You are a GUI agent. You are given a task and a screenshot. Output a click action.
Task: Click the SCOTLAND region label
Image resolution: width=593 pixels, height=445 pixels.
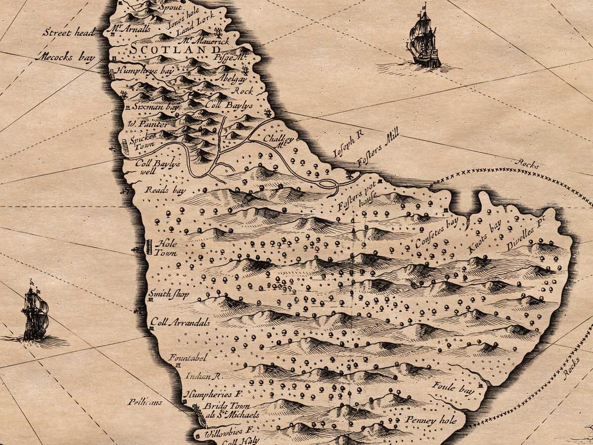176,50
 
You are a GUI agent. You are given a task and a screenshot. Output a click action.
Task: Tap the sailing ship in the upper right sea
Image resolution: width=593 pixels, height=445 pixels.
423,40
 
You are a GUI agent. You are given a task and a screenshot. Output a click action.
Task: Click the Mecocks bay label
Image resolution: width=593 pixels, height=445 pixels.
68,57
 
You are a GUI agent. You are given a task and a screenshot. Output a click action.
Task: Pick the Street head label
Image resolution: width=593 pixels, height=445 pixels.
65,33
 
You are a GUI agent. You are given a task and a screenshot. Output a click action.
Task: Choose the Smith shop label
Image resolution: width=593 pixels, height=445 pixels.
169,294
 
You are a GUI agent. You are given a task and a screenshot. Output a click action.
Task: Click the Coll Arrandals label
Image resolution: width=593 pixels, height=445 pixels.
180,322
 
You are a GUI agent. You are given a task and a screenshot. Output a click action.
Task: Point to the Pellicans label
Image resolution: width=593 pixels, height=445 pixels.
144,402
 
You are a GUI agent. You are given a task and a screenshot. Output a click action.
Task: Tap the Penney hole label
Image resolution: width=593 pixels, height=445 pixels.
427,420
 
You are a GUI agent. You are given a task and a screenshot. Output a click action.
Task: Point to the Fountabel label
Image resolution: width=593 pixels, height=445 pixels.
187,357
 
